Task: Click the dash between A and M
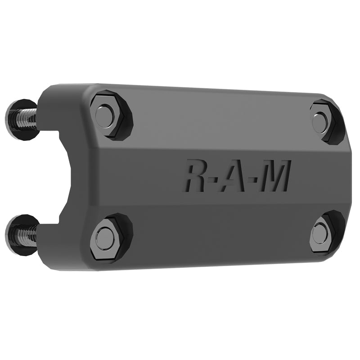click(x=256, y=177)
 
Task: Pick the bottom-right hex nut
click(x=326, y=231)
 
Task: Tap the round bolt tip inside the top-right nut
click(x=320, y=122)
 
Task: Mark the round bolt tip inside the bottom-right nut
click(x=320, y=232)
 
